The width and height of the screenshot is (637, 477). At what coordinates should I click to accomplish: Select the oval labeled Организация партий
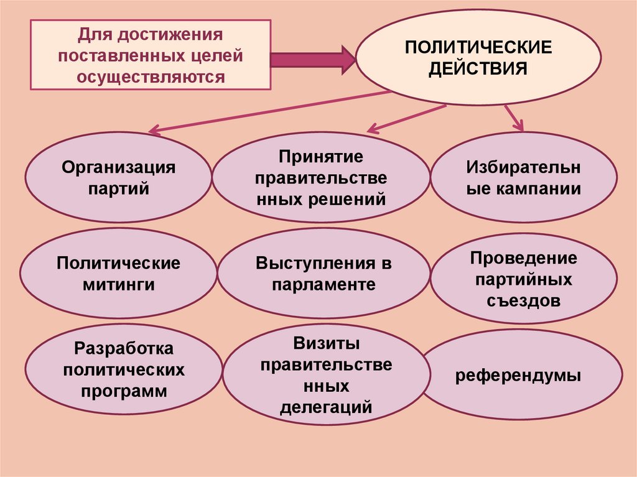pyautogui.click(x=118, y=177)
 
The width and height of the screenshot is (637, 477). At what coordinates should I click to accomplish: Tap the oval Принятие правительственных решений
pyautogui.click(x=321, y=178)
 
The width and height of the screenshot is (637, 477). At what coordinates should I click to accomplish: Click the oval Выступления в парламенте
pyautogui.click(x=323, y=274)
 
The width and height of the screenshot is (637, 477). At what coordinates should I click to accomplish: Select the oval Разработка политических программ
pyautogui.click(x=124, y=370)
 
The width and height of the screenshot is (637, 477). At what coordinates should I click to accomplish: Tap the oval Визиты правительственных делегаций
pyautogui.click(x=326, y=375)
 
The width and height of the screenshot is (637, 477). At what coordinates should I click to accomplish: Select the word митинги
pyautogui.click(x=118, y=285)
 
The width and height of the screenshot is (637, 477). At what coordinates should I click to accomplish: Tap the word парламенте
pyautogui.click(x=323, y=285)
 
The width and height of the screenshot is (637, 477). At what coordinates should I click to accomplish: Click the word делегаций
pyautogui.click(x=326, y=408)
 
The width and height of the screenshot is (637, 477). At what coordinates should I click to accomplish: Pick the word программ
pyautogui.click(x=124, y=392)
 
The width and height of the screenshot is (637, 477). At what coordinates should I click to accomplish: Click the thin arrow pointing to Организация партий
pyautogui.click(x=267, y=112)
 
